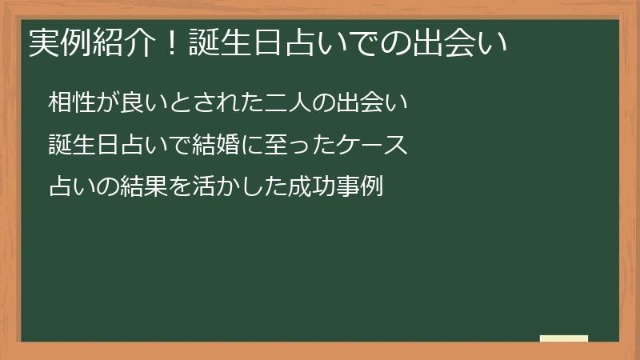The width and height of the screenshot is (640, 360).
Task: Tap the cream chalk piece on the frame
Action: click(x=564, y=338)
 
